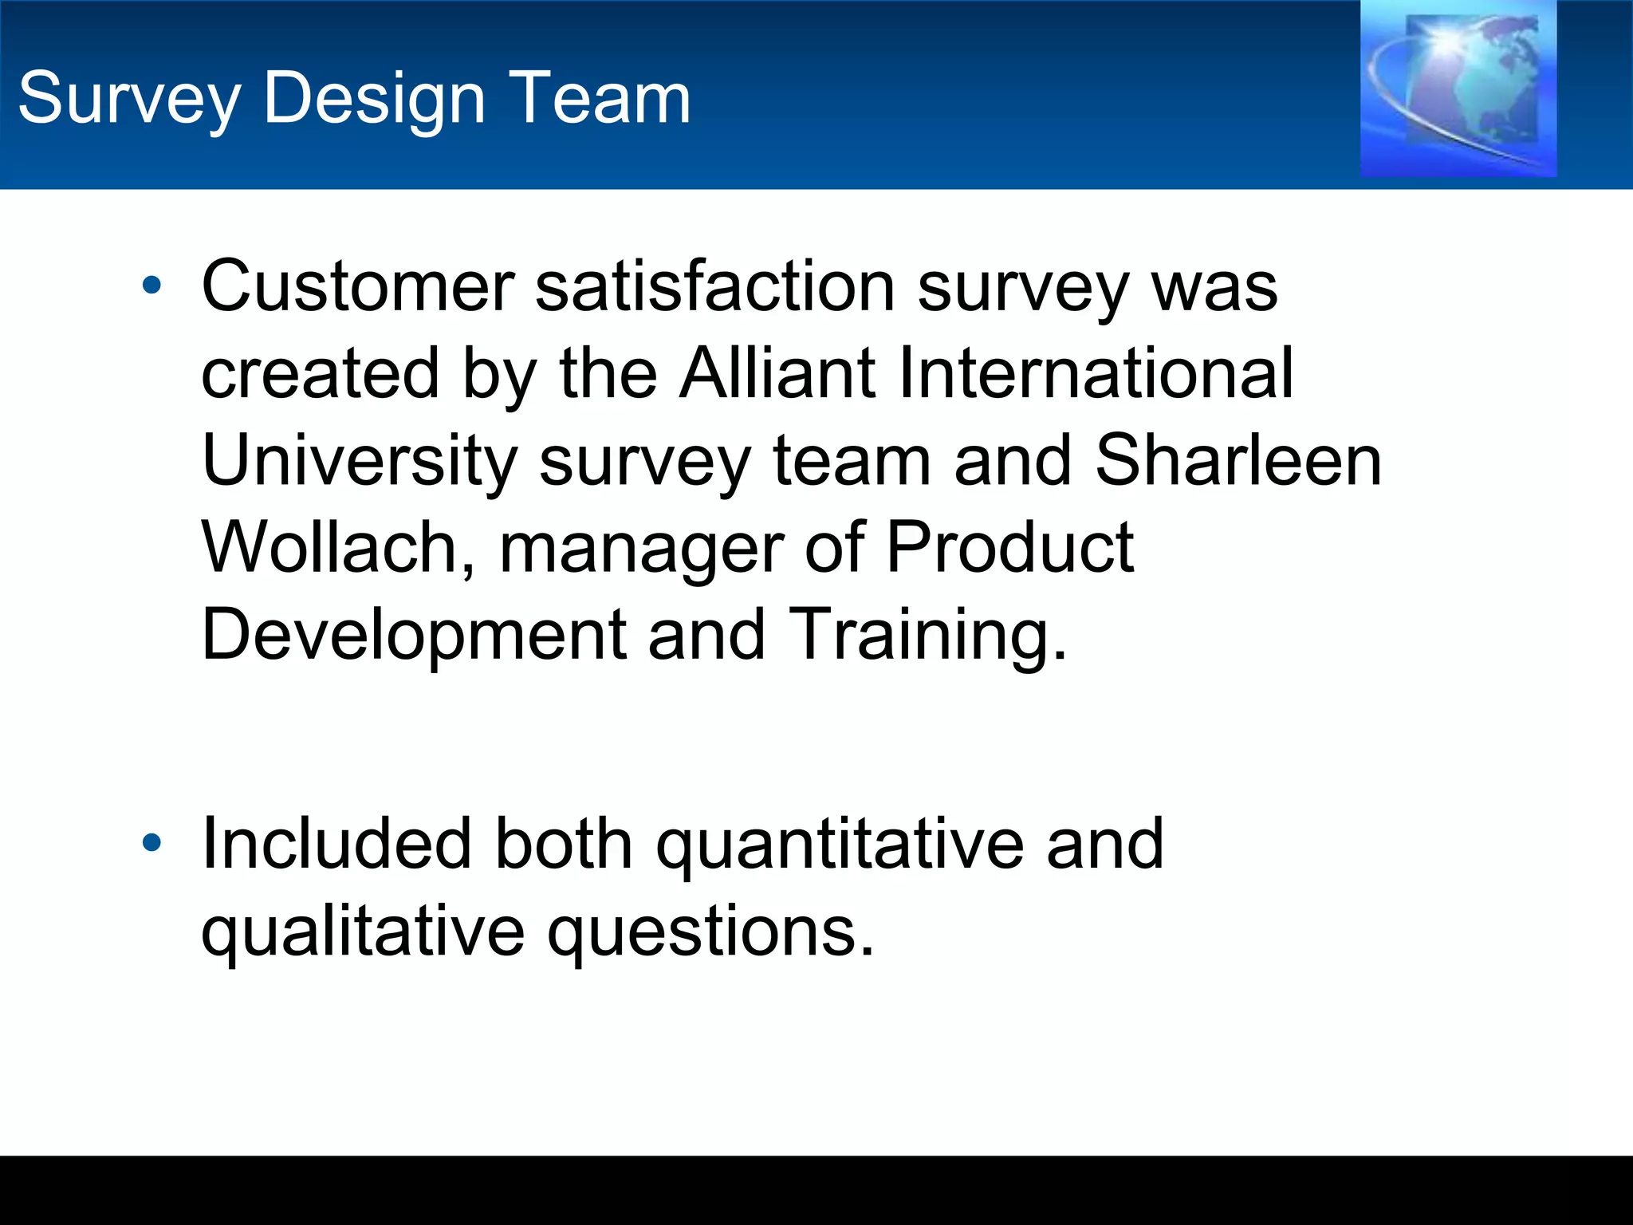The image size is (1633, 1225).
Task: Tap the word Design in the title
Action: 374,99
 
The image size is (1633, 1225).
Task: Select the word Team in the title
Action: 599,99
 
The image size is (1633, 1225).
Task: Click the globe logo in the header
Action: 1458,89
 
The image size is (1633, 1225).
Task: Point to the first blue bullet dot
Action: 151,285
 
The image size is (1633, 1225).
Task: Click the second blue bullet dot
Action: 151,843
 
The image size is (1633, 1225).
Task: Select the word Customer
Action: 358,286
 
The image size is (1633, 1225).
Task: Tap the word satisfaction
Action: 715,286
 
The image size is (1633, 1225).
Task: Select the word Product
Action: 1009,548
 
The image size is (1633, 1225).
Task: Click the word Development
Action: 414,636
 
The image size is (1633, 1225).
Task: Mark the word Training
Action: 927,636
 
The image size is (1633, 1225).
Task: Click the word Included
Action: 337,845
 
